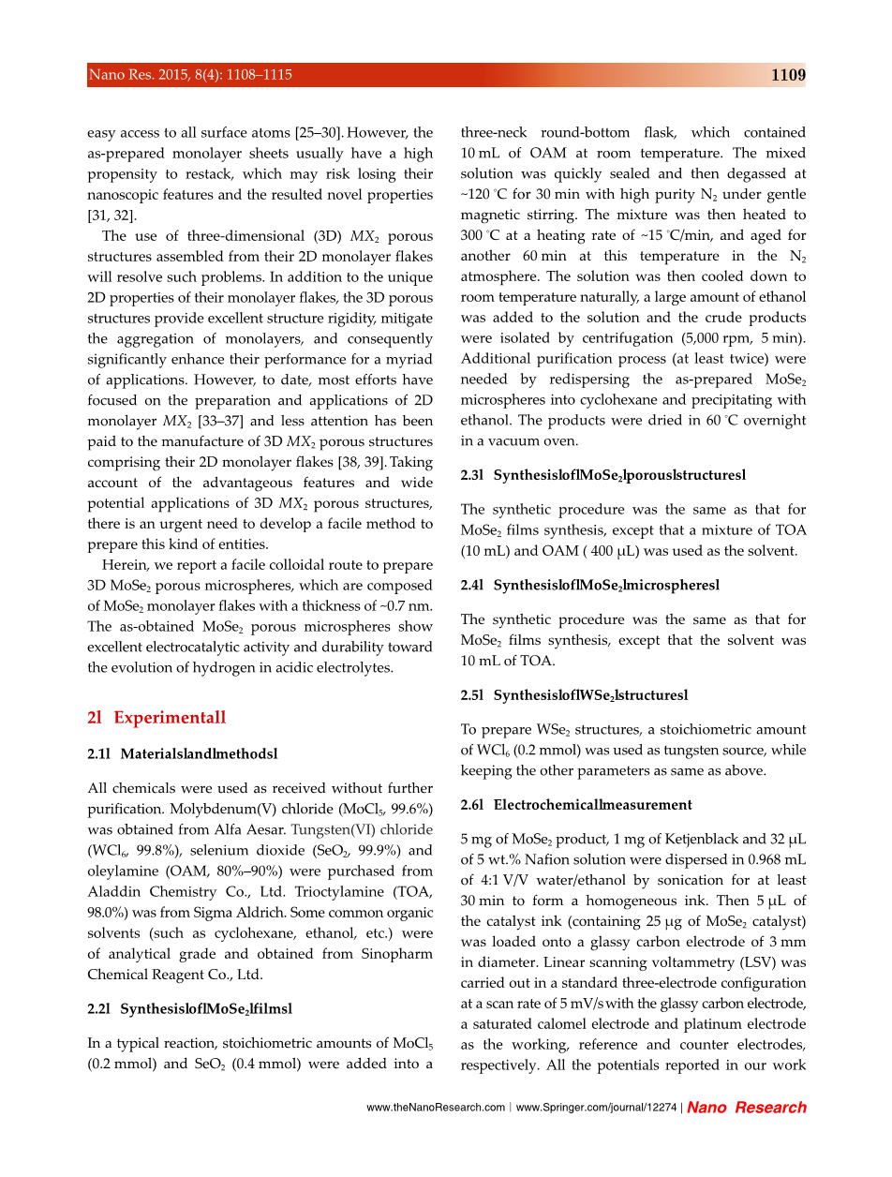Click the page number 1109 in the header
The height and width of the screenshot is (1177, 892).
coord(788,75)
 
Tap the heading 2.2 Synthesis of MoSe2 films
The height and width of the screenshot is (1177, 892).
coord(189,1009)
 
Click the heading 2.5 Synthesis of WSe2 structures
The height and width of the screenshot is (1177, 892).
coord(573,695)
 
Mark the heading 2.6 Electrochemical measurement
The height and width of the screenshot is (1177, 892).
coord(576,804)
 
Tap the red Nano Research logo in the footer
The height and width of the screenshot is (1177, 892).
coord(747,1108)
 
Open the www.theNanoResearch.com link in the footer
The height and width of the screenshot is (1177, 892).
coord(436,1108)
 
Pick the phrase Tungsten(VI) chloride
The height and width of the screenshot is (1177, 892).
coord(362,830)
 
